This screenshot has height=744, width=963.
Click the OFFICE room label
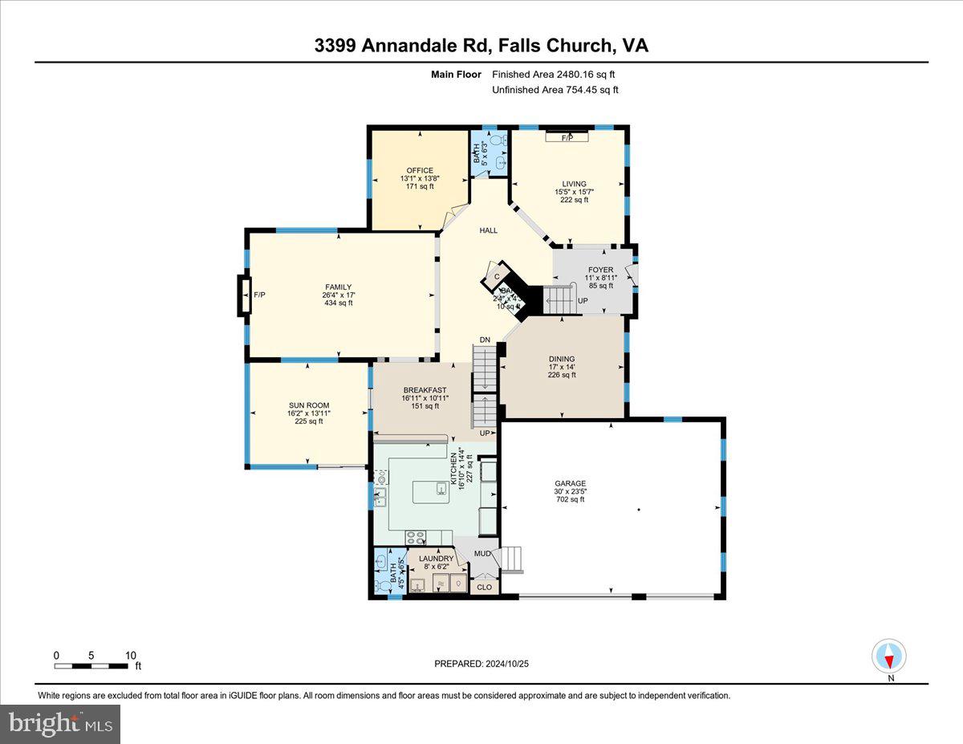(419, 170)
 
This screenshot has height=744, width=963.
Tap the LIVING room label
(574, 184)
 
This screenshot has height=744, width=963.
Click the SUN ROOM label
(309, 405)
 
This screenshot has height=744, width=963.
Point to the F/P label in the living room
(567, 138)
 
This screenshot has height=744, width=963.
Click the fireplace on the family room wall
(245, 295)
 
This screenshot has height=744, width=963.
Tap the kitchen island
(431, 491)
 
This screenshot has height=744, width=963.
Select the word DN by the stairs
(485, 340)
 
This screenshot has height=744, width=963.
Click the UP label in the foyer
(583, 301)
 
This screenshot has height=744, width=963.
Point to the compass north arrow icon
(889, 657)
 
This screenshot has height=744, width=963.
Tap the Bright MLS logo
(61, 724)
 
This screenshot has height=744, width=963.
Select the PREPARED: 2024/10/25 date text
(481, 664)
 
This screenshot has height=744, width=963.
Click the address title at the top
(481, 46)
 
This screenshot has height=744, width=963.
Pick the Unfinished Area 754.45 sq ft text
(555, 90)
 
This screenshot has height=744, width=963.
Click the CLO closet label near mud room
(484, 587)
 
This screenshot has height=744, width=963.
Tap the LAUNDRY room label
(437, 559)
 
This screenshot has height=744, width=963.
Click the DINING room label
(562, 360)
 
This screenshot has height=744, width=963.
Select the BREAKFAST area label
(425, 390)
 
